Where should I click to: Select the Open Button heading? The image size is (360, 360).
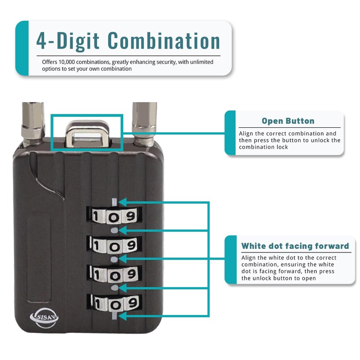[x=288, y=121]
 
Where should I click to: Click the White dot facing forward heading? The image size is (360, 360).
[x=295, y=246]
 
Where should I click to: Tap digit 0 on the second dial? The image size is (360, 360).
[x=113, y=246]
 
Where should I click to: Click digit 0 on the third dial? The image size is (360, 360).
[x=113, y=274]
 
